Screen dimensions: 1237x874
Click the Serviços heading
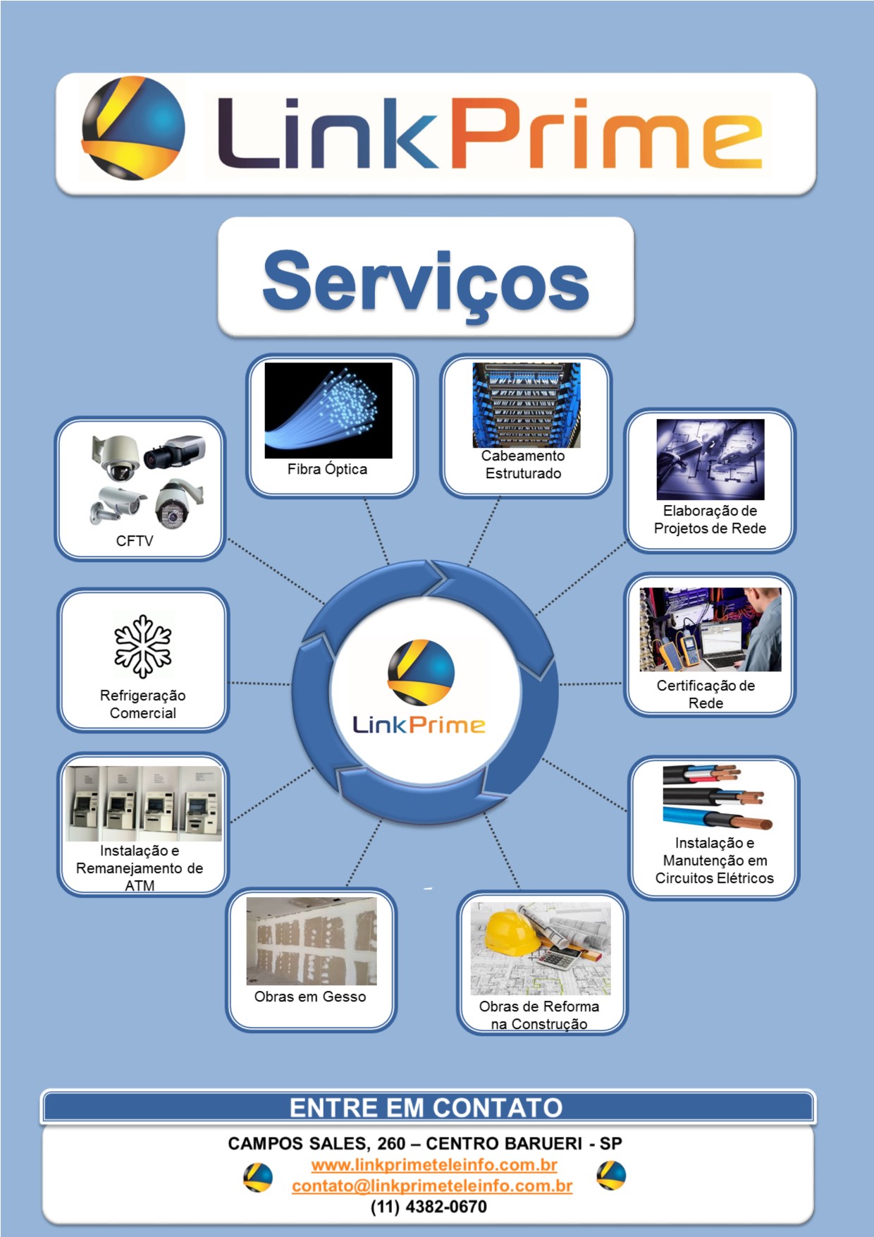point(426,281)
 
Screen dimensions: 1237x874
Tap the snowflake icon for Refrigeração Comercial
point(143,646)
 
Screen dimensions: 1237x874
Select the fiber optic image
point(328,410)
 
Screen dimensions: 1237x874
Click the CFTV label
point(135,541)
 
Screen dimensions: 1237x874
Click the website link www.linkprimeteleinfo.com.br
point(434,1164)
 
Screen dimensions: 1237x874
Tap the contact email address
point(432,1186)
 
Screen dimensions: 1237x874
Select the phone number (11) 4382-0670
point(429,1207)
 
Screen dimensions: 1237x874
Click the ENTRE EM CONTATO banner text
point(426,1107)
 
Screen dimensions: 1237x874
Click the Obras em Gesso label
point(310,997)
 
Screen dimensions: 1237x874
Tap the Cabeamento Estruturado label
point(523,465)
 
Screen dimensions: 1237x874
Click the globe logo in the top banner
point(133,129)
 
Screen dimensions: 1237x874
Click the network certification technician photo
point(710,629)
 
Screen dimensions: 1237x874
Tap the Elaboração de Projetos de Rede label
point(710,519)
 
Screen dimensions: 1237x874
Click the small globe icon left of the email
point(258,1177)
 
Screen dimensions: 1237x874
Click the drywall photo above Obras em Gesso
point(312,941)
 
